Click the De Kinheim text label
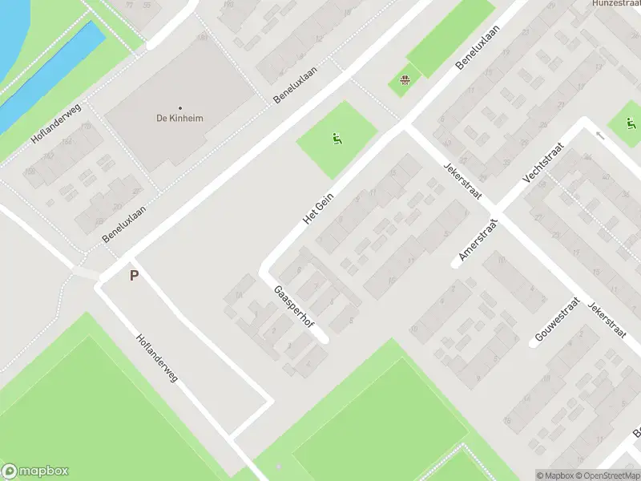(x=179, y=119)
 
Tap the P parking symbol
(x=134, y=275)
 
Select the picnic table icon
(x=405, y=79)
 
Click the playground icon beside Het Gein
(x=336, y=138)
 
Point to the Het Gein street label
(x=318, y=208)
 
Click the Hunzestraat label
(x=615, y=4)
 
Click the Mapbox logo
(x=35, y=471)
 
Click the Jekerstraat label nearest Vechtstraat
(x=461, y=179)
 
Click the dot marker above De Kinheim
(x=179, y=107)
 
